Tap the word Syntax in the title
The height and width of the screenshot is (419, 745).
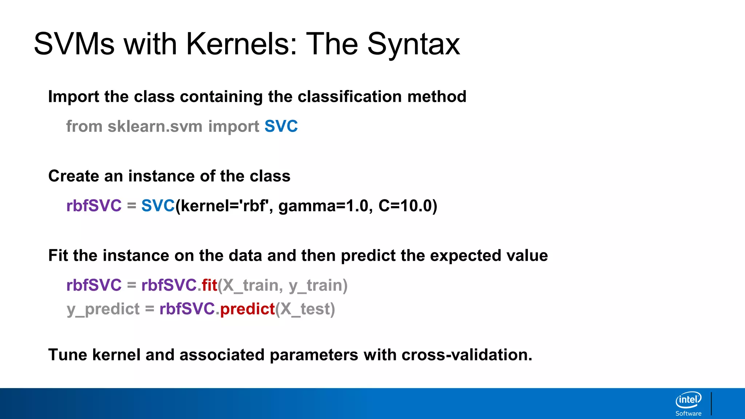point(414,44)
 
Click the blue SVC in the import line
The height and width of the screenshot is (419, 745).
point(281,127)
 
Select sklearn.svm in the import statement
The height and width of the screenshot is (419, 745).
point(155,127)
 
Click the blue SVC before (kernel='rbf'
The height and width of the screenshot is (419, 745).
point(158,206)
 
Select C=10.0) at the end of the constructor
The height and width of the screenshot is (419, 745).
point(408,206)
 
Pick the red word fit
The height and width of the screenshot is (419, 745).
point(210,285)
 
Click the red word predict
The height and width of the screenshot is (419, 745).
point(247,309)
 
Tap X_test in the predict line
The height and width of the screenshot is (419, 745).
point(304,309)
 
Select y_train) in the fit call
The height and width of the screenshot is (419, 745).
point(318,286)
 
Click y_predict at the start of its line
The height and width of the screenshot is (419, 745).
point(103,309)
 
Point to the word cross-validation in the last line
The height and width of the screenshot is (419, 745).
point(466,355)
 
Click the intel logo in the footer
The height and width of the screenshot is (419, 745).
point(688,400)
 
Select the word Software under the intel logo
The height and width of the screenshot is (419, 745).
point(688,414)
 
